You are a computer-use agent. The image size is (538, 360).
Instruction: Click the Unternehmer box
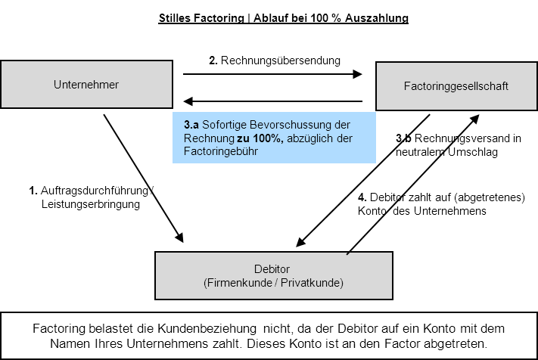click(86, 85)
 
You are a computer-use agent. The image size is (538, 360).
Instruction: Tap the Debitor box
click(273, 276)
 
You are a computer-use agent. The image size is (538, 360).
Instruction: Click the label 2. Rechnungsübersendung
click(275, 60)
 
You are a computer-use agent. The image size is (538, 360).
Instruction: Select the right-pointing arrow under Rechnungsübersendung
click(273, 74)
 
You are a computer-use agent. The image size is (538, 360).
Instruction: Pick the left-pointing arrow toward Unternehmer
click(273, 101)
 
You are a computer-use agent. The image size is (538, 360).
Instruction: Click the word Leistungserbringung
click(90, 204)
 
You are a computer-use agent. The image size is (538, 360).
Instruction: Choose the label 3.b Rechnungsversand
click(459, 138)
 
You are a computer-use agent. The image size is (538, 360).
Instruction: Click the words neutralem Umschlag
click(446, 151)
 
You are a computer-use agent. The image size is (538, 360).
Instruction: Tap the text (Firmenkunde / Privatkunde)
click(273, 283)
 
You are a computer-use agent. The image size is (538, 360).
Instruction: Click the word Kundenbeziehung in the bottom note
click(211, 329)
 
